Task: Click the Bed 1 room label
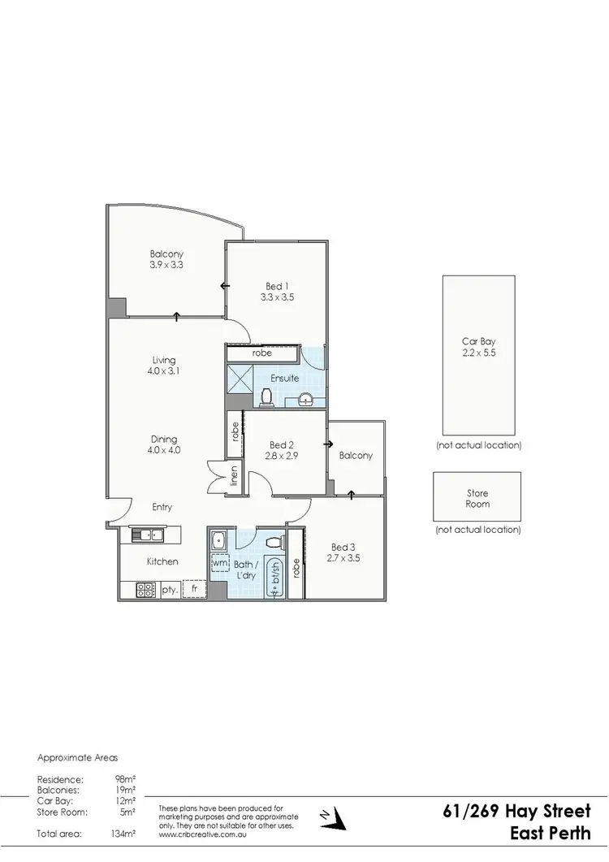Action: (277, 286)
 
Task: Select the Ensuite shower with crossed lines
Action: (240, 379)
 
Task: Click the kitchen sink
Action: (147, 535)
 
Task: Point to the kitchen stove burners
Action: (146, 590)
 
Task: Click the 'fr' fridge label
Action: (194, 589)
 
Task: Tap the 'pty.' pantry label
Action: (170, 590)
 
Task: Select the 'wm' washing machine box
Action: (219, 562)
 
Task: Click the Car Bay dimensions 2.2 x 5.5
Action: (478, 353)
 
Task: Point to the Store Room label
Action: (477, 499)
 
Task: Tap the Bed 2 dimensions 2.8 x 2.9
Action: (281, 457)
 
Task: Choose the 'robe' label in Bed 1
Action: (261, 353)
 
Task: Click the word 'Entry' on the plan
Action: (162, 508)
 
